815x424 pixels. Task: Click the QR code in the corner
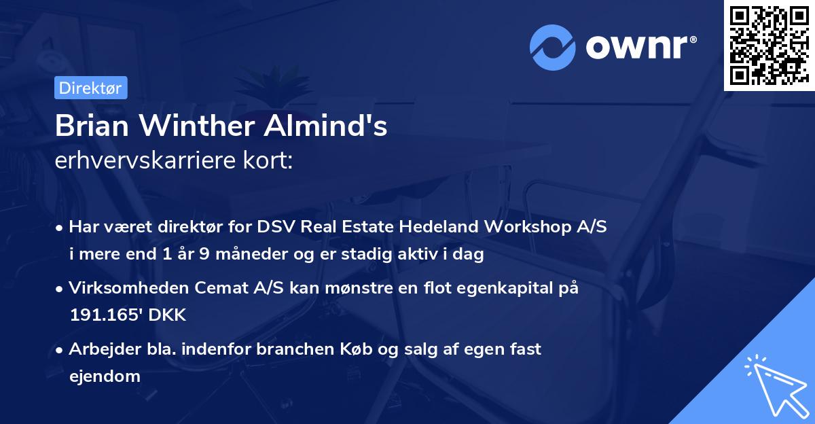click(769, 46)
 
